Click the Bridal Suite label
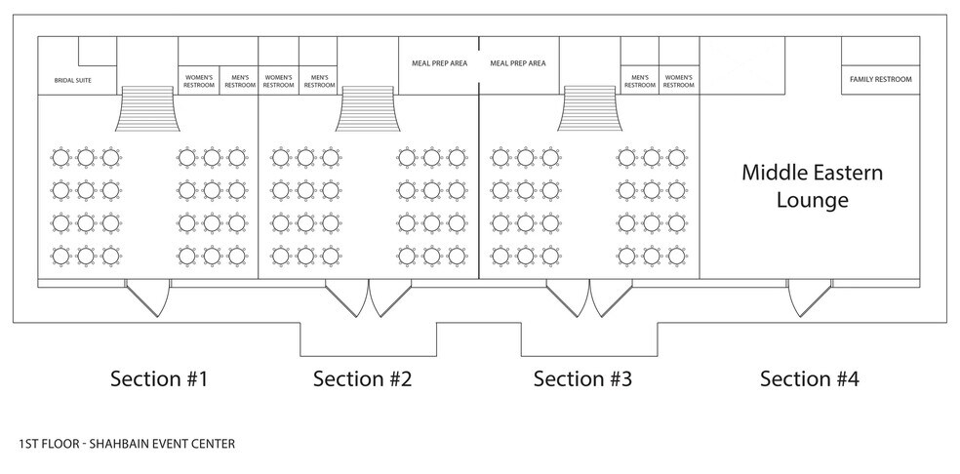tap(73, 80)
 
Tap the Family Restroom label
tap(880, 80)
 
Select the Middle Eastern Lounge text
tap(813, 185)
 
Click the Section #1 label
tap(159, 378)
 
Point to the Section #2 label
tap(363, 378)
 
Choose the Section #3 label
tap(582, 378)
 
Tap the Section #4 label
tap(810, 378)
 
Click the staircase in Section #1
tap(147, 108)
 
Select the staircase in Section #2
tap(368, 108)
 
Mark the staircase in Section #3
tap(589, 108)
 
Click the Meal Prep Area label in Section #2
tap(439, 63)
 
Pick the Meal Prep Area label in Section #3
tap(518, 63)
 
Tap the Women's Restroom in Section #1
tap(199, 81)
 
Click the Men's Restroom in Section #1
tap(239, 81)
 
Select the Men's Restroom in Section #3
tap(640, 81)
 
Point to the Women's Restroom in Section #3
tap(678, 81)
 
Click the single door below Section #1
tap(147, 298)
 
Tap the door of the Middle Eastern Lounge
tap(810, 298)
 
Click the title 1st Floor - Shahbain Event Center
tap(127, 444)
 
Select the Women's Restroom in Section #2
tap(279, 81)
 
